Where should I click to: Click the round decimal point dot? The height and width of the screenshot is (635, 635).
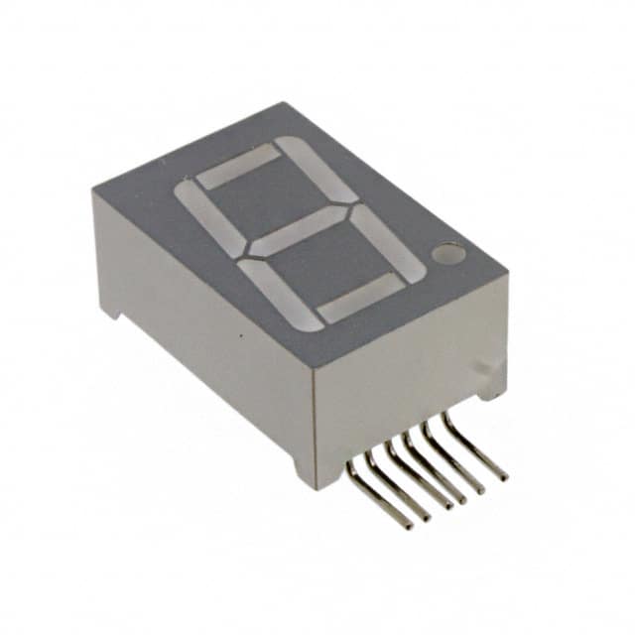[449, 256]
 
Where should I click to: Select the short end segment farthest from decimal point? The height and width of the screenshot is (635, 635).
[239, 166]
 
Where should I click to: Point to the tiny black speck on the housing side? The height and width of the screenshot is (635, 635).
[241, 338]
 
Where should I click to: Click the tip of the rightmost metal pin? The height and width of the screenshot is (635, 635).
[504, 476]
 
